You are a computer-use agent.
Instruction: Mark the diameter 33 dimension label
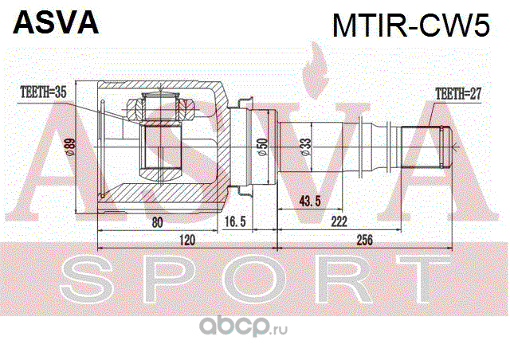coord(306,148)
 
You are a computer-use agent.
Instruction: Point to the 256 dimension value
coord(365,239)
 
